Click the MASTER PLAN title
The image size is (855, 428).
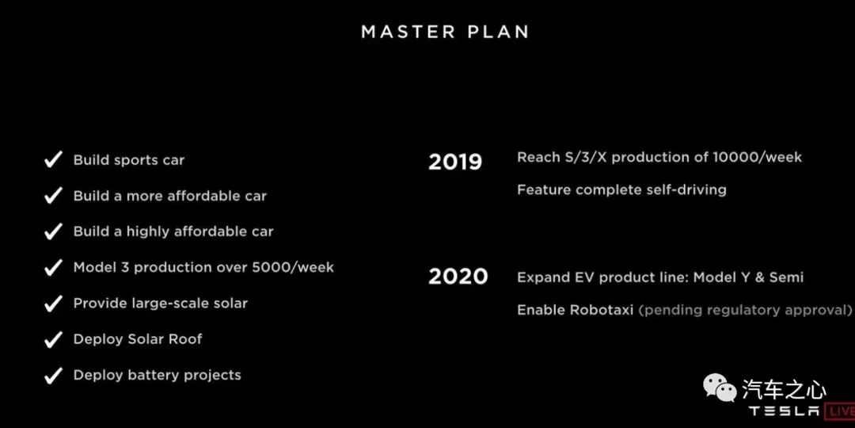click(445, 32)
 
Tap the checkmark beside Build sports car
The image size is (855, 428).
click(54, 160)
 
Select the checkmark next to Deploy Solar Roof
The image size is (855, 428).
click(54, 339)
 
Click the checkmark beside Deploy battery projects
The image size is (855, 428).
click(54, 376)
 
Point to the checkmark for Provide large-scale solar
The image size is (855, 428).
click(54, 304)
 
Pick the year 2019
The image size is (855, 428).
click(455, 162)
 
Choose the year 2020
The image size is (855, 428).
click(458, 277)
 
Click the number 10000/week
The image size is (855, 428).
click(758, 157)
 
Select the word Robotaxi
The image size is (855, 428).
click(602, 310)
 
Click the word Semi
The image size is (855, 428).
click(786, 277)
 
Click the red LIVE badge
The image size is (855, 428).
click(840, 411)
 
